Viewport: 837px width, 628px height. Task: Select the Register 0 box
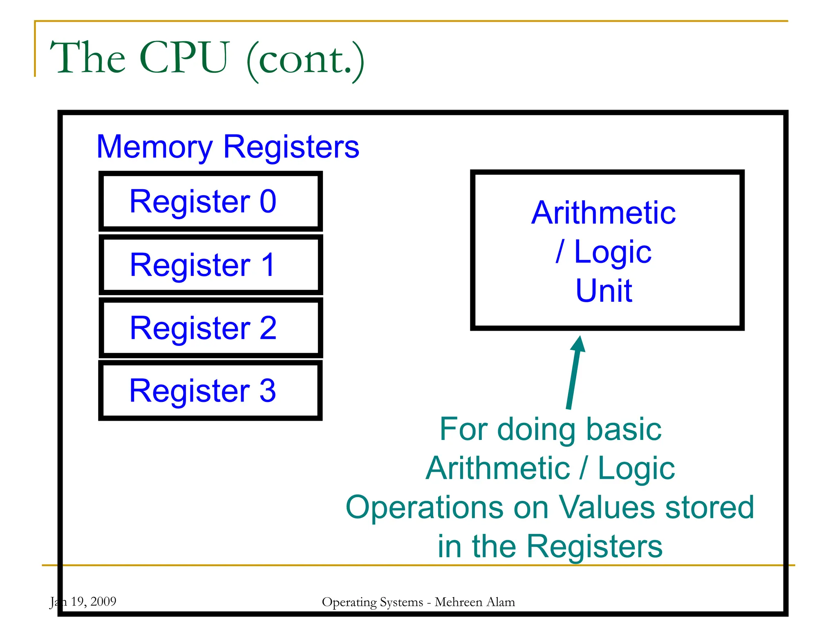210,202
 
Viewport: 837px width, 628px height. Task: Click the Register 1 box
210,265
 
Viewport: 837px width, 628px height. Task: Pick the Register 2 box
210,327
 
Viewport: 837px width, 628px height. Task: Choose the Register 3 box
210,390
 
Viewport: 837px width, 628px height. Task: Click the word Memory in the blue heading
154,147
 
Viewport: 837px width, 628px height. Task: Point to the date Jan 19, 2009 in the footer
83,601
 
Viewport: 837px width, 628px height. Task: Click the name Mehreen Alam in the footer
474,602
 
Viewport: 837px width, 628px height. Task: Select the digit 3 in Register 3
268,390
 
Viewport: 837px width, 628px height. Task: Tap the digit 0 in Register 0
268,202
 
